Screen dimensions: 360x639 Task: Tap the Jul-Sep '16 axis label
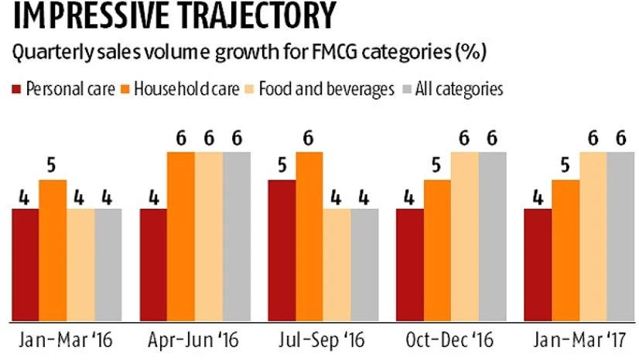(x=323, y=341)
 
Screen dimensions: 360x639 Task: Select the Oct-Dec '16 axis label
(x=451, y=341)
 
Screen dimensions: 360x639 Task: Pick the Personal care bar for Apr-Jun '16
(x=153, y=263)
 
